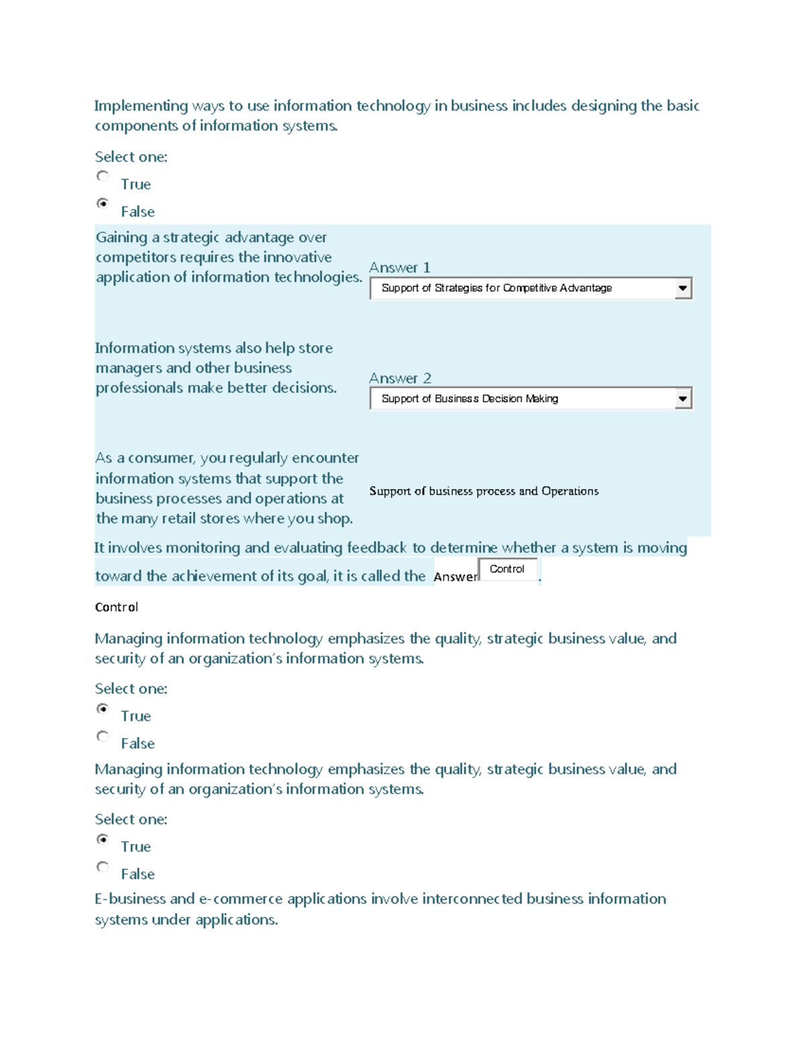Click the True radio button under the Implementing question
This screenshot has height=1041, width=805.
click(x=103, y=176)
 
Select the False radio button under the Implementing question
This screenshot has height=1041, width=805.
click(x=103, y=203)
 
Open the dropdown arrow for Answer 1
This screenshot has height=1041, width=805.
click(x=682, y=288)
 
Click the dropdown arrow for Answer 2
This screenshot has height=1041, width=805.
click(x=682, y=399)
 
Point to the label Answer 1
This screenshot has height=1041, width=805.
click(x=400, y=267)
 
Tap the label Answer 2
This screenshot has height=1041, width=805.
click(x=400, y=378)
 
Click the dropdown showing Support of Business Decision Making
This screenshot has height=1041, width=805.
click(x=523, y=399)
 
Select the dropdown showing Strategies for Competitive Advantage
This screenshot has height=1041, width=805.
click(x=523, y=288)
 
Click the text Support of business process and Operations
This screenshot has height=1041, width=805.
click(x=484, y=491)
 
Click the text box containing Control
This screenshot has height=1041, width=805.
click(x=508, y=569)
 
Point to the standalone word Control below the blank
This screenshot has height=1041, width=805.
click(x=117, y=607)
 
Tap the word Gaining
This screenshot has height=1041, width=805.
click(x=121, y=237)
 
